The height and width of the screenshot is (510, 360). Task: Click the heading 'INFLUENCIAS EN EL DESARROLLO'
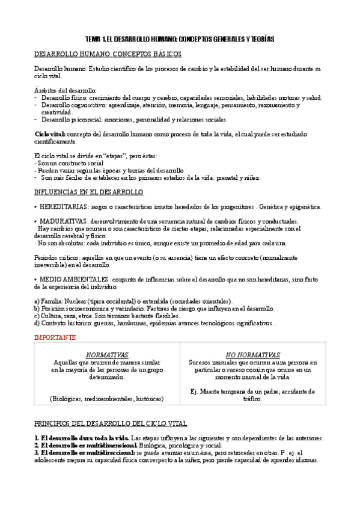(89, 192)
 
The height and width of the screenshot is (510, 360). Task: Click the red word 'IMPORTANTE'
(55, 338)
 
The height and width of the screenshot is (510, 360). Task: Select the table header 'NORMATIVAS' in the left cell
(107, 355)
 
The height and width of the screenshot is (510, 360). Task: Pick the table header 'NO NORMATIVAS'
(252, 355)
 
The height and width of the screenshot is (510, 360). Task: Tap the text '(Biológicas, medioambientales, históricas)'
(107, 399)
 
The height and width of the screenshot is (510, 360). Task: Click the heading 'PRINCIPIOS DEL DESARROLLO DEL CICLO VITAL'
(111, 423)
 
